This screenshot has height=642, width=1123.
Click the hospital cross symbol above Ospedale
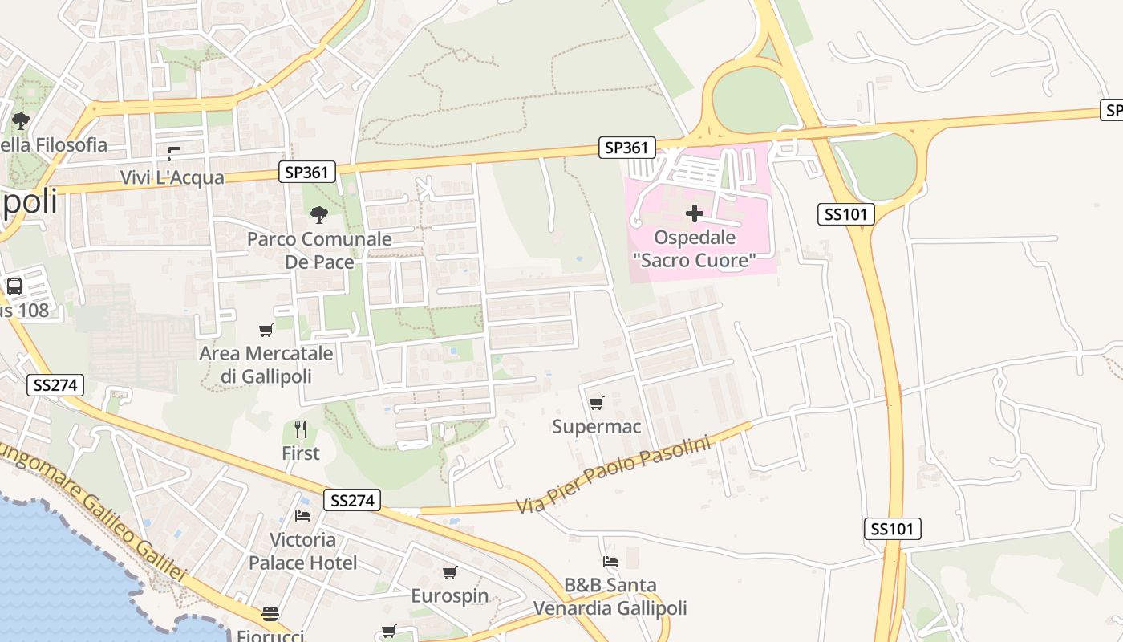[695, 213]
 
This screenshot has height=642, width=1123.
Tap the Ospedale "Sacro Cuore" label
[695, 249]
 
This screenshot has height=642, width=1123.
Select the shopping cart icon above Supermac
[596, 403]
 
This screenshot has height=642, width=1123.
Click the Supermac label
[596, 426]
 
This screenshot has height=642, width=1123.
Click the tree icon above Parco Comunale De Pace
[318, 214]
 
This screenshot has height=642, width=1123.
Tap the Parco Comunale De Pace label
[319, 250]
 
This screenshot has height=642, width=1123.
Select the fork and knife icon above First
[301, 429]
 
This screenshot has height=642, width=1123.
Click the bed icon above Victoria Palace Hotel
[302, 515]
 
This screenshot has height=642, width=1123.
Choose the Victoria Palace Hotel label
[302, 551]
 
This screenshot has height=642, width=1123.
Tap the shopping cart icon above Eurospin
[450, 572]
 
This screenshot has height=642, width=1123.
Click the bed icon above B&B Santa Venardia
[610, 562]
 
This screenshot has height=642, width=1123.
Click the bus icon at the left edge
[14, 286]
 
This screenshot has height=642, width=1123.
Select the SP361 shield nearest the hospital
[627, 148]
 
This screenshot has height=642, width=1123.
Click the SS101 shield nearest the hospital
[845, 213]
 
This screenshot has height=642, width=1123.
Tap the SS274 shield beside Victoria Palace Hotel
[351, 500]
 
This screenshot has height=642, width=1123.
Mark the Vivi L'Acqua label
[172, 177]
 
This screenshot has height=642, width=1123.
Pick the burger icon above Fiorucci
[270, 614]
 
